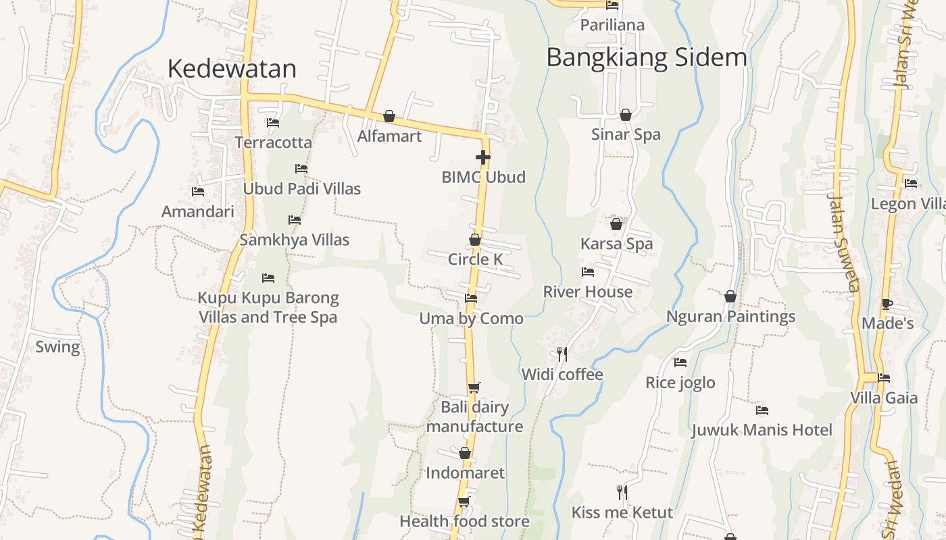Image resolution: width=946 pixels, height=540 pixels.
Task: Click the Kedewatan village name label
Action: tap(232, 69)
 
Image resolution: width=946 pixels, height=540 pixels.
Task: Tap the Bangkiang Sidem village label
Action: tap(646, 58)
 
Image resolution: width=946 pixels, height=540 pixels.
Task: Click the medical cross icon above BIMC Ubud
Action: tap(482, 158)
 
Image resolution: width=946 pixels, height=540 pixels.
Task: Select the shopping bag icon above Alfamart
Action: tap(389, 116)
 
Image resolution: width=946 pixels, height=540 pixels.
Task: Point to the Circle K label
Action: tap(476, 259)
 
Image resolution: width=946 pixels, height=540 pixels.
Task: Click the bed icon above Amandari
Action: tap(198, 192)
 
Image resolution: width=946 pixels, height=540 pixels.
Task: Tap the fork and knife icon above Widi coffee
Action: tap(562, 354)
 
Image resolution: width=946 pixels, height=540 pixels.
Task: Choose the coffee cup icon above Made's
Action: tap(887, 304)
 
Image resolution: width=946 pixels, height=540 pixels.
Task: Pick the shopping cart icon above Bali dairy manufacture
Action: tap(474, 387)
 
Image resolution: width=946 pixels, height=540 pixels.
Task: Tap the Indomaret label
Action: tap(465, 473)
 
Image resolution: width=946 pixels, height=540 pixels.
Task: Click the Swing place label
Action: tap(57, 347)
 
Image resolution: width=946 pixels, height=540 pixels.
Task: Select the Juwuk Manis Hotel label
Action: tap(762, 430)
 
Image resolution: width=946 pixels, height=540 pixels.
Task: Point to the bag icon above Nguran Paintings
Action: tap(730, 296)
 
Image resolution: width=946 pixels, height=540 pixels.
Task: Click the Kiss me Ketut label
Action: tap(622, 512)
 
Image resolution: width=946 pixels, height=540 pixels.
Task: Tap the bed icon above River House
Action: tap(588, 272)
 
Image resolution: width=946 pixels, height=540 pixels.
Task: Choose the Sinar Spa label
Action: tap(626, 134)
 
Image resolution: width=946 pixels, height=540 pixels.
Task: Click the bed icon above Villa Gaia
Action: tap(884, 378)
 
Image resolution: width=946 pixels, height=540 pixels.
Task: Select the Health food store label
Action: tap(464, 521)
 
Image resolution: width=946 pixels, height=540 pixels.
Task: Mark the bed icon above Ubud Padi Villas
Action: tap(301, 169)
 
